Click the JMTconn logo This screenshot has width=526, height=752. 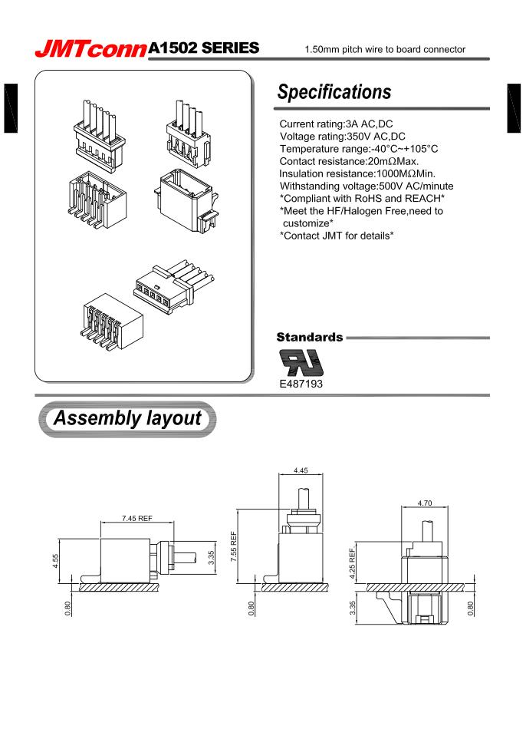(90, 49)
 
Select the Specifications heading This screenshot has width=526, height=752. (334, 92)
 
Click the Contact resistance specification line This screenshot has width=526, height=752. (348, 161)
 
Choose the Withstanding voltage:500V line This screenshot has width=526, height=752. (367, 186)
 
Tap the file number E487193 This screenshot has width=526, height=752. (301, 384)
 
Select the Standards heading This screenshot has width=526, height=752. (309, 338)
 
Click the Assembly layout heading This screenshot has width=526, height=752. (127, 419)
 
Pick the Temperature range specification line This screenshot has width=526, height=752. (358, 149)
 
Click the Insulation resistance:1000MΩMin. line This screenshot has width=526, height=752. (357, 173)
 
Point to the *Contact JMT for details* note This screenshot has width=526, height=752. (337, 235)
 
